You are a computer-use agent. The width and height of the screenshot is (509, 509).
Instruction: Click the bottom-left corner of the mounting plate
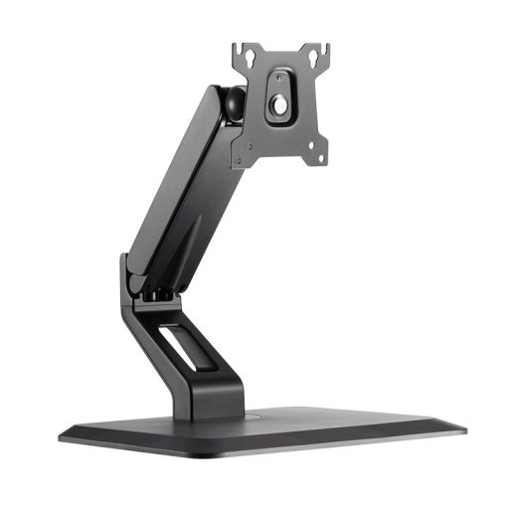click(x=235, y=163)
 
